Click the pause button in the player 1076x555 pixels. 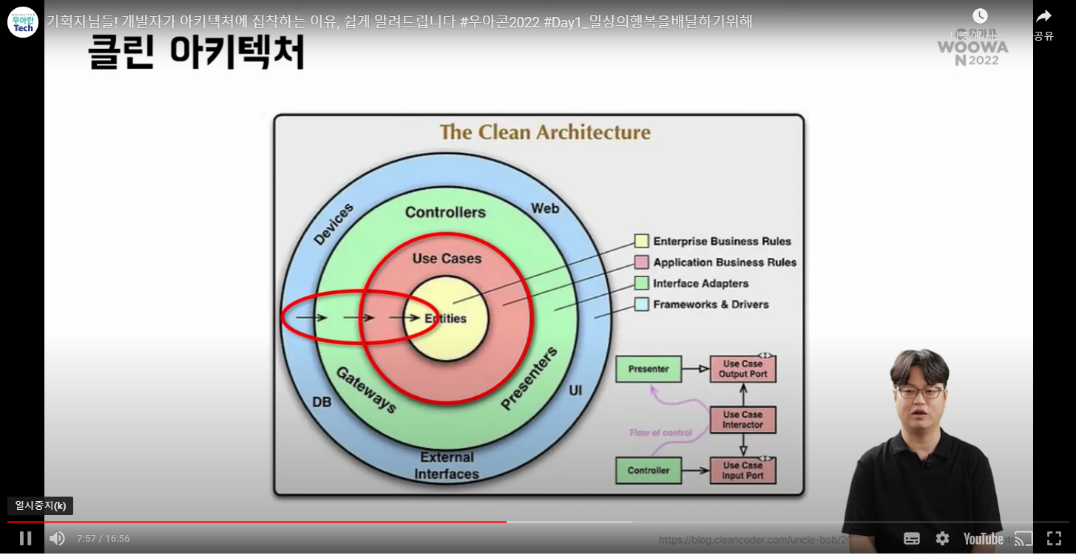(25, 538)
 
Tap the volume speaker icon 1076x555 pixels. (57, 538)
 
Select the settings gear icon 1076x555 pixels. (942, 538)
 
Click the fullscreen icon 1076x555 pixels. (1054, 538)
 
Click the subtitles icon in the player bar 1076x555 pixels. (912, 538)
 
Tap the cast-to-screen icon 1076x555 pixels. (1023, 538)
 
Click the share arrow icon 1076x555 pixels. (1043, 16)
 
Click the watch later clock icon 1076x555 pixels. (980, 16)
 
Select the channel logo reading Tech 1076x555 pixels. (23, 22)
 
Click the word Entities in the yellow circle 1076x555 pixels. (446, 319)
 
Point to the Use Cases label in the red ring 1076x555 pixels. (447, 259)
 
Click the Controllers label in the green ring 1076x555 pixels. (445, 212)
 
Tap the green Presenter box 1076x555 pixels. (649, 369)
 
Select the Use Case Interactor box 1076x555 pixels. (742, 420)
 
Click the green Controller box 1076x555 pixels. (649, 470)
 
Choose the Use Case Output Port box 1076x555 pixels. (742, 369)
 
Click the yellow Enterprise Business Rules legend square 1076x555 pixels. (641, 241)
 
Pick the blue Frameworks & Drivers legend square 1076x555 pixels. (641, 304)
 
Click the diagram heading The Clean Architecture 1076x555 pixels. (545, 132)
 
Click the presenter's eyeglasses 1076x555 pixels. (919, 392)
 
